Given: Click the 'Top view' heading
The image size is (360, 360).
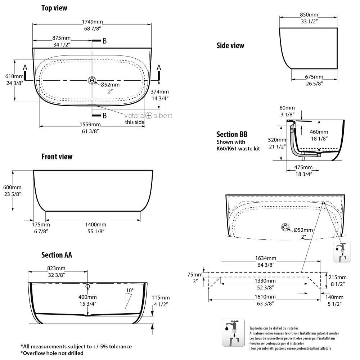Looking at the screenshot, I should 54,8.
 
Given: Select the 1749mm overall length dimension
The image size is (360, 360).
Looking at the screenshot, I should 92,21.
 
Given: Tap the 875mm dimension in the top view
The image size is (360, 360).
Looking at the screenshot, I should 61,38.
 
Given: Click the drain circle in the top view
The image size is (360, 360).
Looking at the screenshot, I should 92,80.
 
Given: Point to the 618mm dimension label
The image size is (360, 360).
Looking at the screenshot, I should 14,76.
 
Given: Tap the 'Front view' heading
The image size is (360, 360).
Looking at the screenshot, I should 57,157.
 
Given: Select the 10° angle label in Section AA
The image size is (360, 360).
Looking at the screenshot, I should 130,290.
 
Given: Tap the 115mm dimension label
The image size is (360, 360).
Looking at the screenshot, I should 161,297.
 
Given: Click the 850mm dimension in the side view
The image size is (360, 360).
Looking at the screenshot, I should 309,15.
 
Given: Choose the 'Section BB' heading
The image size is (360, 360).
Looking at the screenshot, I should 231,135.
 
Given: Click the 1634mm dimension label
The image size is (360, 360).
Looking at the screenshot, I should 266,258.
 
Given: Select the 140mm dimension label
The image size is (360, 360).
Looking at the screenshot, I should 334,297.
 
